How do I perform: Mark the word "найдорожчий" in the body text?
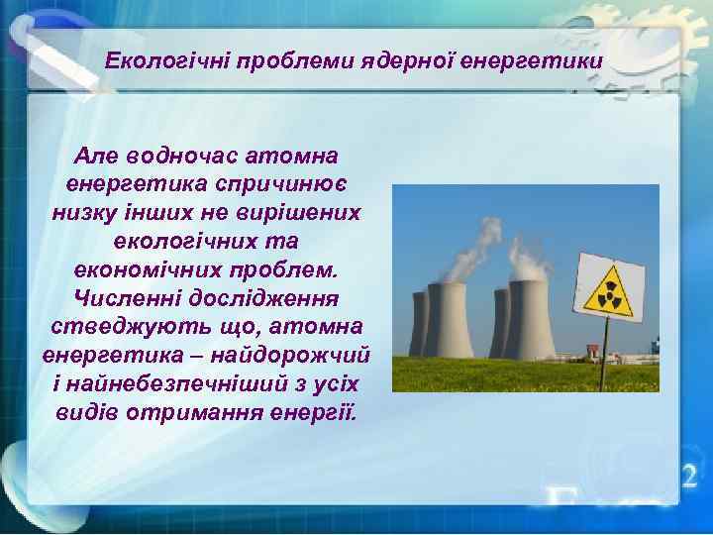coord(291,354)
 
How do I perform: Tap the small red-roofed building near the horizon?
coord(591,350)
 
